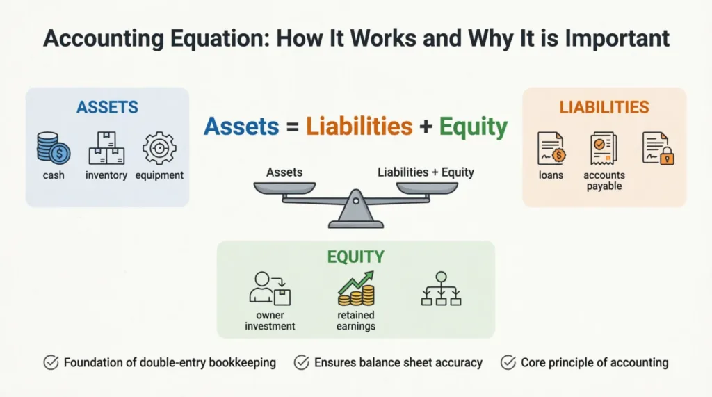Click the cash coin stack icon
click(54, 148)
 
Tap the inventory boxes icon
click(106, 148)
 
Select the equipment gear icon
click(159, 148)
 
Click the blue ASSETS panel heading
click(107, 108)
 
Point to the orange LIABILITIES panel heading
click(604, 108)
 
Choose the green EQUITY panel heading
click(355, 257)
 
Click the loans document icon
click(551, 149)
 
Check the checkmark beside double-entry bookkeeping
click(51, 362)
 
